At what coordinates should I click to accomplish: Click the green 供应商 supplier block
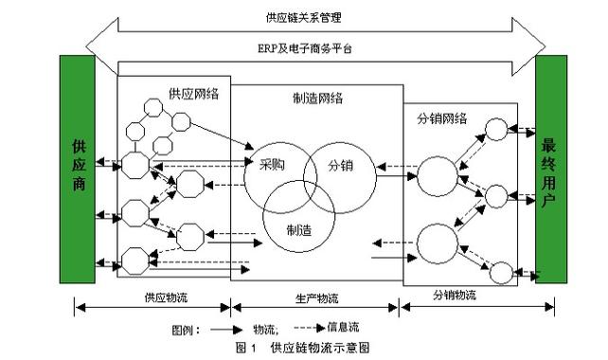pos(78,169)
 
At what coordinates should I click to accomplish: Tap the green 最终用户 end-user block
pos(551,169)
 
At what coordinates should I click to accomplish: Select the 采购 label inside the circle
pos(272,164)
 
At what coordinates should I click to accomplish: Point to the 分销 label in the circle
pos(340,164)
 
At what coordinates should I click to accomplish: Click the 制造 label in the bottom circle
pos(300,228)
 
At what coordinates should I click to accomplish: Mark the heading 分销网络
pos(441,118)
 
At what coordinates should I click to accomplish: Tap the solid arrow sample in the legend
pos(224,330)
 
